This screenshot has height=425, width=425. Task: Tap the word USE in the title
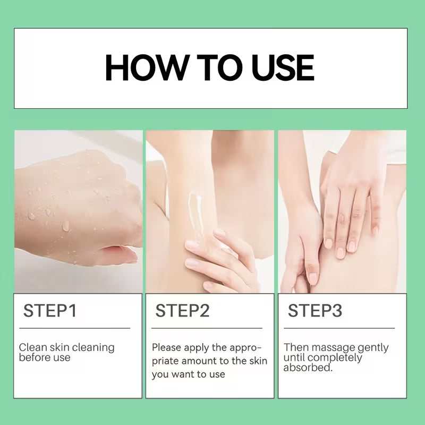pyautogui.click(x=283, y=67)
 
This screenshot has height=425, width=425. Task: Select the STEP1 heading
pyautogui.click(x=50, y=311)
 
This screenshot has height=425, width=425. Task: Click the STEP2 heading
pyautogui.click(x=182, y=311)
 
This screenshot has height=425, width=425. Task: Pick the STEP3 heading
pyautogui.click(x=314, y=311)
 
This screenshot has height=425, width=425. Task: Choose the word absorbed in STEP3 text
pyautogui.click(x=308, y=368)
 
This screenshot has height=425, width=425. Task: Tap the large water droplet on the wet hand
pyautogui.click(x=65, y=225)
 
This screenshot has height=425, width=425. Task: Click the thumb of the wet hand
pyautogui.click(x=118, y=253)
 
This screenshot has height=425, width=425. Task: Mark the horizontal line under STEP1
pyautogui.click(x=75, y=328)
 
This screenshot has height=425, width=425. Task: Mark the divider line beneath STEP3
pyautogui.click(x=339, y=328)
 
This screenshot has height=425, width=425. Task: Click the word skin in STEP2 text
pyautogui.click(x=258, y=361)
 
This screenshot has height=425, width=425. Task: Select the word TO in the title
pyautogui.click(x=219, y=67)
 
